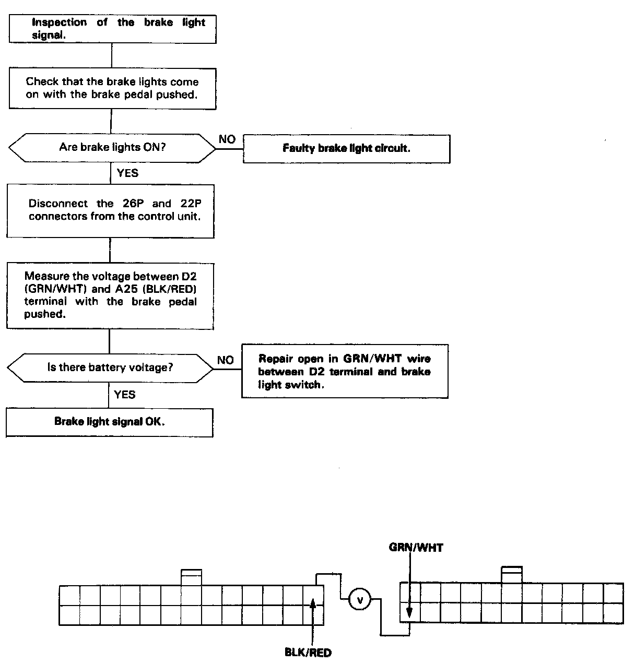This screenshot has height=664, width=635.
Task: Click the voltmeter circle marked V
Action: coord(359,600)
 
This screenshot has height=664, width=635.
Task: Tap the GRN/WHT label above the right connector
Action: coord(416,548)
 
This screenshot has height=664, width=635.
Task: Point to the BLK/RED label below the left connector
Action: coord(308,653)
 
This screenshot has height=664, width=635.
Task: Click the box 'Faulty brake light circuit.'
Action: coord(346,149)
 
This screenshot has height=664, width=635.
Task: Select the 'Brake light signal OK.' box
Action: coord(109,422)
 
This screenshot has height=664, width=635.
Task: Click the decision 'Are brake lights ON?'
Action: coord(112,147)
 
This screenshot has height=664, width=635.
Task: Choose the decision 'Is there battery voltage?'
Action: coord(110,367)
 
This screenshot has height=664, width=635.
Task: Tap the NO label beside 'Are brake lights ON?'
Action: coord(227,139)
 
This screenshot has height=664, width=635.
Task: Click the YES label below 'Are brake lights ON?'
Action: coord(127,173)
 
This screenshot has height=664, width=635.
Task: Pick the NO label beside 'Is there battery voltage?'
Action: coord(226,360)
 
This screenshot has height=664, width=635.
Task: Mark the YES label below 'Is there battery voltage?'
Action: coord(124,395)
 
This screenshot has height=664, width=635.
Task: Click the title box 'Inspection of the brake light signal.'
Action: coord(112,29)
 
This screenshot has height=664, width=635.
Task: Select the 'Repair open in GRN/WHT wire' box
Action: coord(345,372)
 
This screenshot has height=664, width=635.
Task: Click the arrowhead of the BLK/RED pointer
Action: coord(313,603)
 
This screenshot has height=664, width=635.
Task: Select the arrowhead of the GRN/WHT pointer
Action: coord(410,613)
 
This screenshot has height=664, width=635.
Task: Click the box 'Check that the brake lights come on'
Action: coord(112,88)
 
